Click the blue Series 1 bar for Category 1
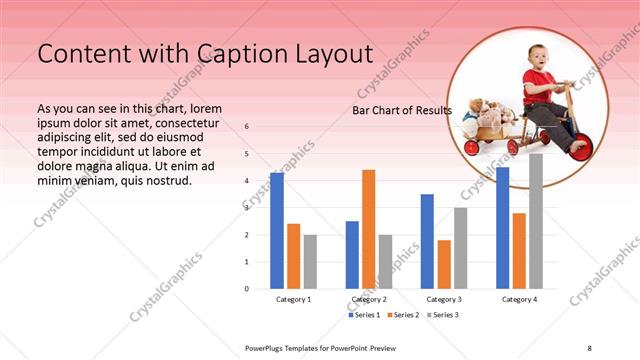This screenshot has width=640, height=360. [277, 230]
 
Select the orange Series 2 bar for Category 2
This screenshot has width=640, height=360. [369, 229]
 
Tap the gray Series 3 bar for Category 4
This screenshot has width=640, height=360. [536, 221]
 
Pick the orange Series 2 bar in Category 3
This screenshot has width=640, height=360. [444, 264]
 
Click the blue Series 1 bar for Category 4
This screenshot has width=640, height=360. [503, 227]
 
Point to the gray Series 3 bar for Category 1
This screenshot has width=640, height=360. [310, 261]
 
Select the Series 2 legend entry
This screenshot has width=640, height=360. [405, 315]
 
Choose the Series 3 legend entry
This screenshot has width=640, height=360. [444, 315]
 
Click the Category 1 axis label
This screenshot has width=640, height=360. [294, 299]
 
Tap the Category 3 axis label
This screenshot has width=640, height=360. [444, 299]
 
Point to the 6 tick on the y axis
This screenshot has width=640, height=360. [247, 127]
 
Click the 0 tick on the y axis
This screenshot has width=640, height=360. [247, 289]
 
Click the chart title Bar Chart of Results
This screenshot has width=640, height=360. [402, 110]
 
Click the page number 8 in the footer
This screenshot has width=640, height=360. [589, 347]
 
